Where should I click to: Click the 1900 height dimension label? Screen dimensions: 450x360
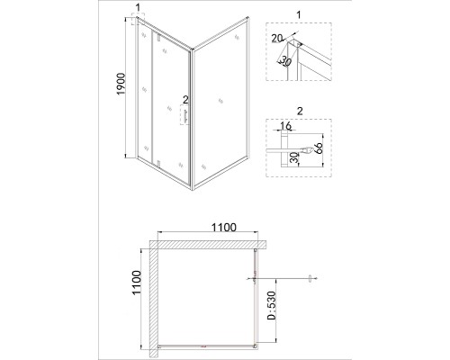[121, 84]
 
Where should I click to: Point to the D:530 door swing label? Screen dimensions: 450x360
[271, 305]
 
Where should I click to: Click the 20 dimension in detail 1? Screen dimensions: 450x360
[277, 38]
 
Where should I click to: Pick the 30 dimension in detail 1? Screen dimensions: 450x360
[285, 61]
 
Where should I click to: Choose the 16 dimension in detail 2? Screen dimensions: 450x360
[285, 126]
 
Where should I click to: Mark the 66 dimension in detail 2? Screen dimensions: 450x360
[319, 148]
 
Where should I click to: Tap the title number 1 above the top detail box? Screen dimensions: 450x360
[298, 14]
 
